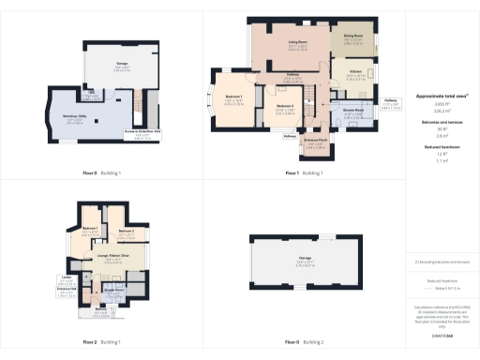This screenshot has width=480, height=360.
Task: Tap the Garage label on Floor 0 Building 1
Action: coord(122,66)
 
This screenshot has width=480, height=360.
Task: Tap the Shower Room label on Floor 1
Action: coord(351,111)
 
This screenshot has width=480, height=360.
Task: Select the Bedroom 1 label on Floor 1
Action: coord(234,97)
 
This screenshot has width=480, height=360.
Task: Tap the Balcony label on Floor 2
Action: coord(100,308)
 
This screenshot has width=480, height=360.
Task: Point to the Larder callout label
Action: coord(67,278)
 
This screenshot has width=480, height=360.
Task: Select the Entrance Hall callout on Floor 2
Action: coord(67,290)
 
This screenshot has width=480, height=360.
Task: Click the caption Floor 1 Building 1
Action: coord(303,173)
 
